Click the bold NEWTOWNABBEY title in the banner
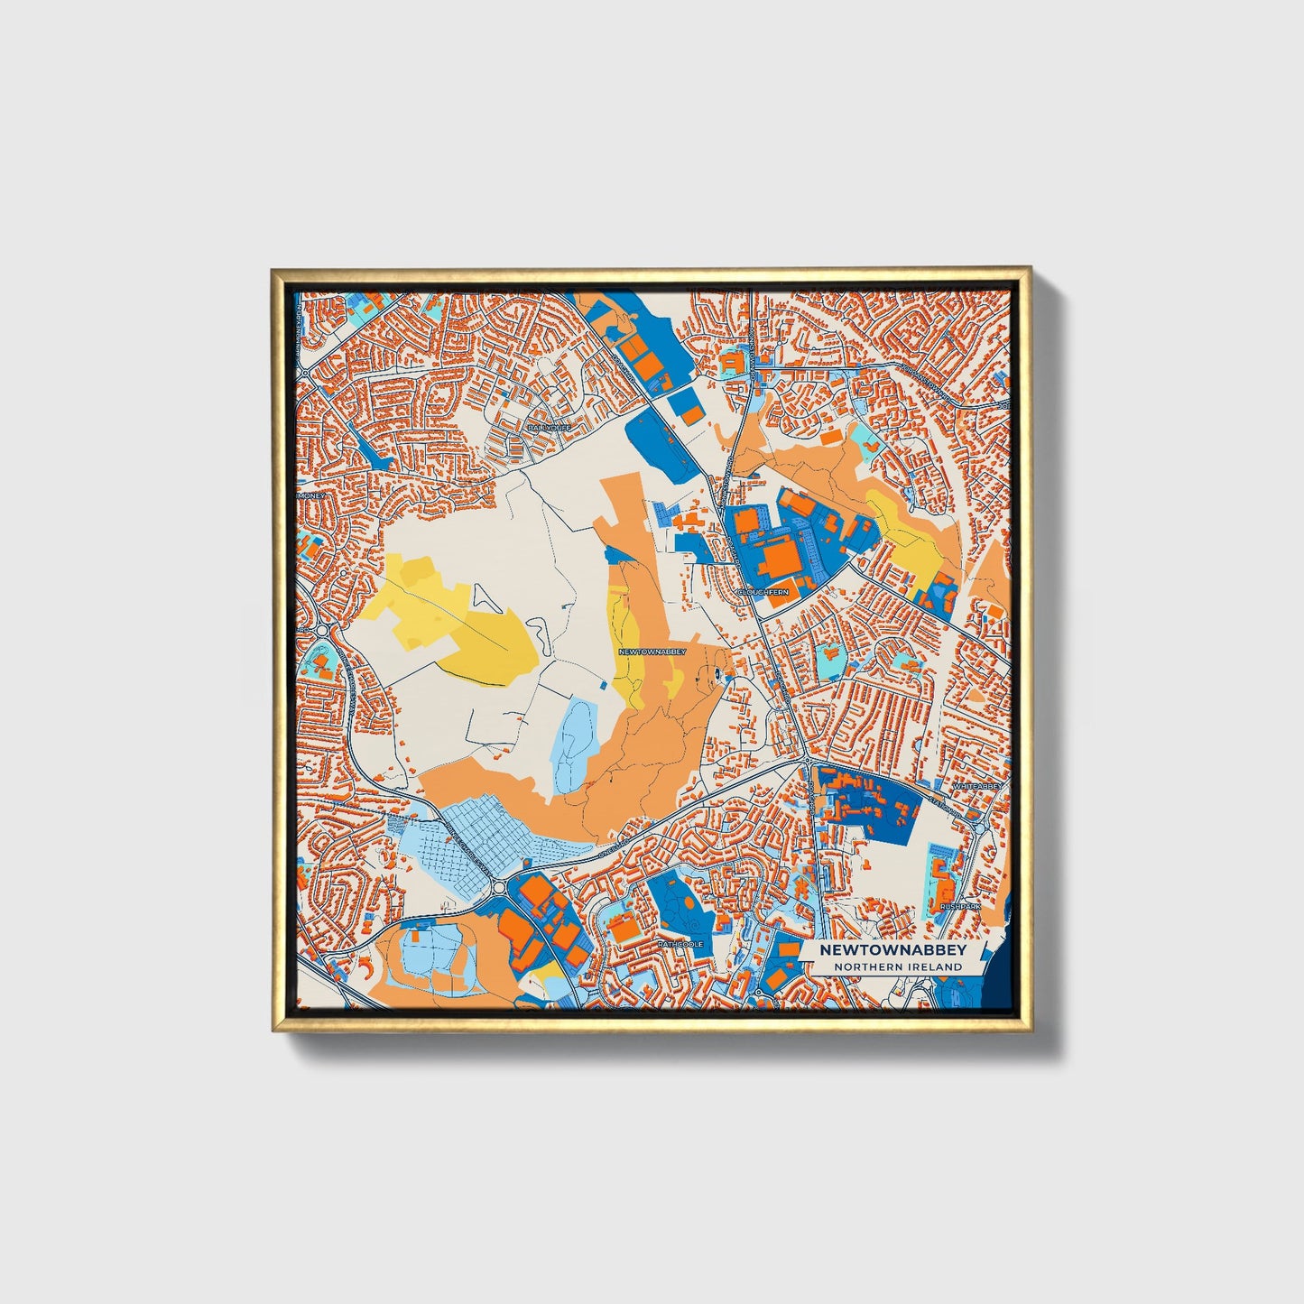point(892,950)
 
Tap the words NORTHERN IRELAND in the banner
point(898,966)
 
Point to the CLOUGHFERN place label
point(763,592)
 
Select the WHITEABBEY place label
point(976,786)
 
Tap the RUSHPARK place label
point(959,905)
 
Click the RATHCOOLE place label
point(680,944)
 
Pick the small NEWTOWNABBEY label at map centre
point(652,651)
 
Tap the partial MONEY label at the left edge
point(311,495)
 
